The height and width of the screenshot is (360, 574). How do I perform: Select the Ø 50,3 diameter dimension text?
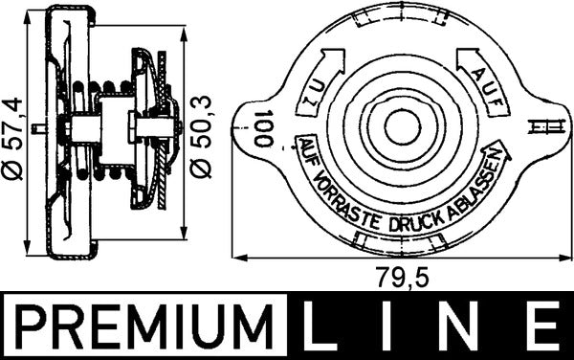click(203, 135)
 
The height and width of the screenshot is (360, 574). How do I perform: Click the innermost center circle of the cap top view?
click(394, 128)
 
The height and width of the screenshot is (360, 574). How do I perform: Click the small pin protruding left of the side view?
click(36, 128)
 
